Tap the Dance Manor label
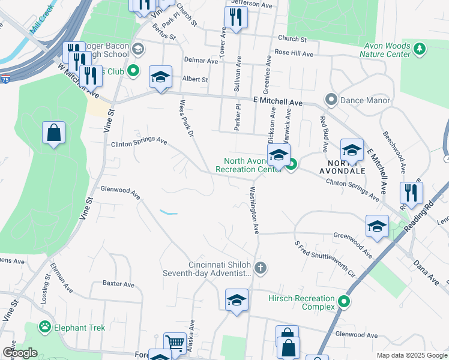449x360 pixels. (x=365, y=100)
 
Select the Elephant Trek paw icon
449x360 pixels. (x=44, y=327)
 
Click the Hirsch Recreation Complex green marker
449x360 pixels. (x=344, y=302)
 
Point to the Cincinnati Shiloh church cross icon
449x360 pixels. (x=259, y=268)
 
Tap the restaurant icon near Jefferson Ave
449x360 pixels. (x=236, y=17)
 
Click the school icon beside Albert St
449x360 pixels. (x=160, y=77)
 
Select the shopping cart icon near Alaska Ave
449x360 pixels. (x=175, y=344)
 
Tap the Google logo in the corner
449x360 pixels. (x=20, y=353)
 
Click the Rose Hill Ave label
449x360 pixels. (x=294, y=53)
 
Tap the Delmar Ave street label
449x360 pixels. (x=201, y=61)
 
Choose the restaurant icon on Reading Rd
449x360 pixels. (x=411, y=193)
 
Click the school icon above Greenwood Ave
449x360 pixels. (x=377, y=226)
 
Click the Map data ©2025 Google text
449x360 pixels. (x=411, y=355)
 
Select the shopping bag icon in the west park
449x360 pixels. (x=53, y=133)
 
